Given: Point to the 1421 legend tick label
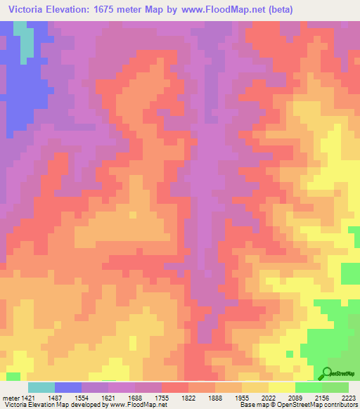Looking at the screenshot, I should (25, 398).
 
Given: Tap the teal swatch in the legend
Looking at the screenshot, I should (41, 387).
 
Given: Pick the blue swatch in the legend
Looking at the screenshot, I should (67, 387).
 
